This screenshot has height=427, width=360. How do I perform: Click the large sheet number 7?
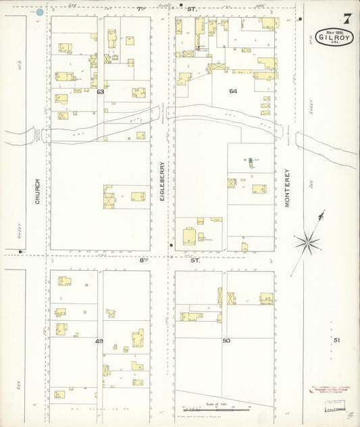click(x=346, y=18)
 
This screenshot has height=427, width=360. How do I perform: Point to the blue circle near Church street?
click(x=40, y=12)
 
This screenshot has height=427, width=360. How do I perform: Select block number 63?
click(x=100, y=91)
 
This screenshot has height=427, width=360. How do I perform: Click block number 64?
click(x=233, y=91)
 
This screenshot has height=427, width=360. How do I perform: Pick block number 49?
click(x=99, y=341)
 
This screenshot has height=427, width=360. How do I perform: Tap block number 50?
click(x=226, y=341)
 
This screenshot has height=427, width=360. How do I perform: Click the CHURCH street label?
click(x=38, y=191)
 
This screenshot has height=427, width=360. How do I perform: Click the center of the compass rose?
click(x=309, y=240)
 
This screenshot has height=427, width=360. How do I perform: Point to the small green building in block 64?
click(x=250, y=160)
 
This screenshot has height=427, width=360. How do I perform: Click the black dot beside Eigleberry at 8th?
click(x=172, y=245)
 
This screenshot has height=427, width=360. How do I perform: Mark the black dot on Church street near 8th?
click(x=20, y=252)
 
